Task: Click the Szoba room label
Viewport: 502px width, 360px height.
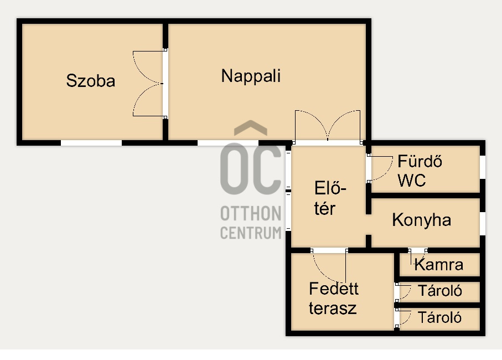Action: coord(91,81)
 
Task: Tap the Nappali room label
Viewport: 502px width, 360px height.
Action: coord(251,76)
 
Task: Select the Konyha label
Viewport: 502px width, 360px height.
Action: coord(422,220)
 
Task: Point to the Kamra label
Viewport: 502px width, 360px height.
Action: coord(438,265)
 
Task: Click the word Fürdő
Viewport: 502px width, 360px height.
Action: coord(420,161)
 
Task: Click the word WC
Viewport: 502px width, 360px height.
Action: coord(412,181)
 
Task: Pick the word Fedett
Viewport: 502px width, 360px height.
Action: coord(334,289)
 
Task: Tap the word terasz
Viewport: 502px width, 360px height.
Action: coord(333,308)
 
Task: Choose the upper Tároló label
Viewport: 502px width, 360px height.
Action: coord(440,291)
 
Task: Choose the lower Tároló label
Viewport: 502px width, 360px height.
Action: coord(440,318)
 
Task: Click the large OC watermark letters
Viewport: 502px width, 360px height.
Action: coord(251,168)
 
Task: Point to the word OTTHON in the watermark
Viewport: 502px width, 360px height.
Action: coord(251,213)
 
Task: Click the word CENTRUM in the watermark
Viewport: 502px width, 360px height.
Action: coord(251,233)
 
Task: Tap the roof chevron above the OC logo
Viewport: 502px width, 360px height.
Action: coord(251,127)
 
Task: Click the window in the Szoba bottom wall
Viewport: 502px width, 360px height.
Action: coord(91,142)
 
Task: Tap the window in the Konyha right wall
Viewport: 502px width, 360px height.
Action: coord(483,224)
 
